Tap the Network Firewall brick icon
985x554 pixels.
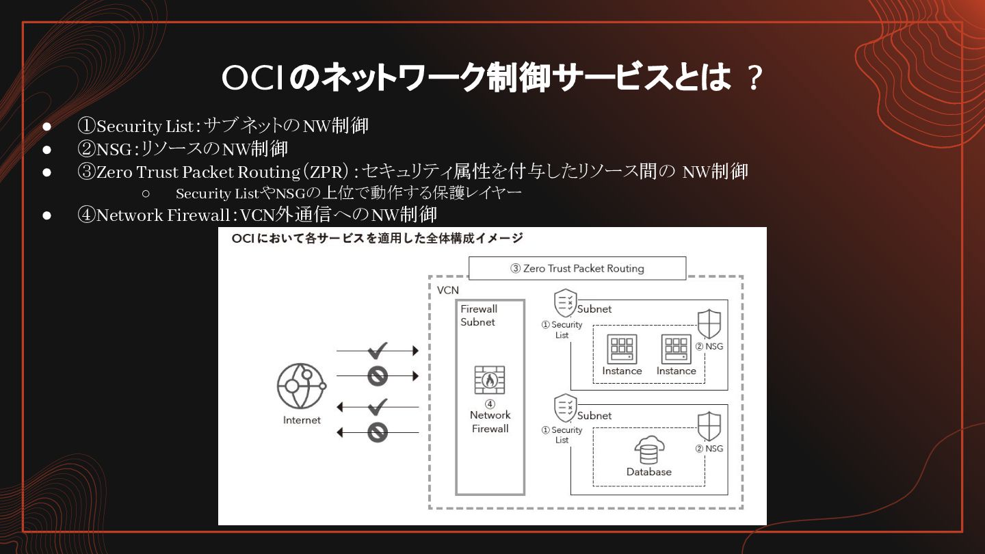point(490,380)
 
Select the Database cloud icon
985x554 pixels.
point(648,451)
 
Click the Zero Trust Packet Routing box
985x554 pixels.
point(577,268)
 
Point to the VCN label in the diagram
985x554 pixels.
point(448,290)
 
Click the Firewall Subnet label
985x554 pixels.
point(479,315)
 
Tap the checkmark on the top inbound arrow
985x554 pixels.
point(378,351)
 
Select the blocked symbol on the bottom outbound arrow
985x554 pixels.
point(378,432)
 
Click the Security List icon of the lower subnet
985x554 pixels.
point(565,408)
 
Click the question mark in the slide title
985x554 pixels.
point(754,79)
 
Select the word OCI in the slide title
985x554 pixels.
point(252,79)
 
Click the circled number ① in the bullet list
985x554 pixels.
point(86,126)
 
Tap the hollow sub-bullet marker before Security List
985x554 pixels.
point(145,194)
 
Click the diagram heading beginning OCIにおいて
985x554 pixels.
point(377,238)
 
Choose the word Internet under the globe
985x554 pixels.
point(302,420)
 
